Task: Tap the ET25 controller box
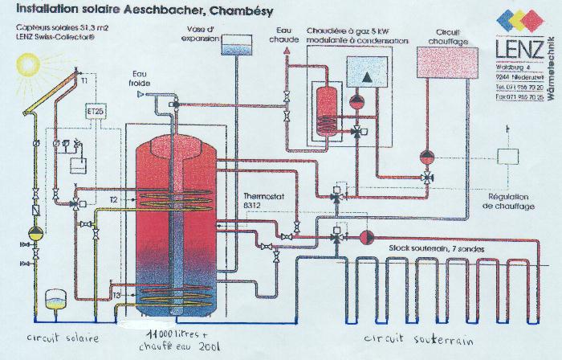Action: [x=96, y=111]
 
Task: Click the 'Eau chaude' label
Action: [x=279, y=32]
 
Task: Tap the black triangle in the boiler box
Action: [x=365, y=78]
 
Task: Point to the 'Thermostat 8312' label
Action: [x=260, y=200]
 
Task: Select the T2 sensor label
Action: [x=114, y=198]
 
